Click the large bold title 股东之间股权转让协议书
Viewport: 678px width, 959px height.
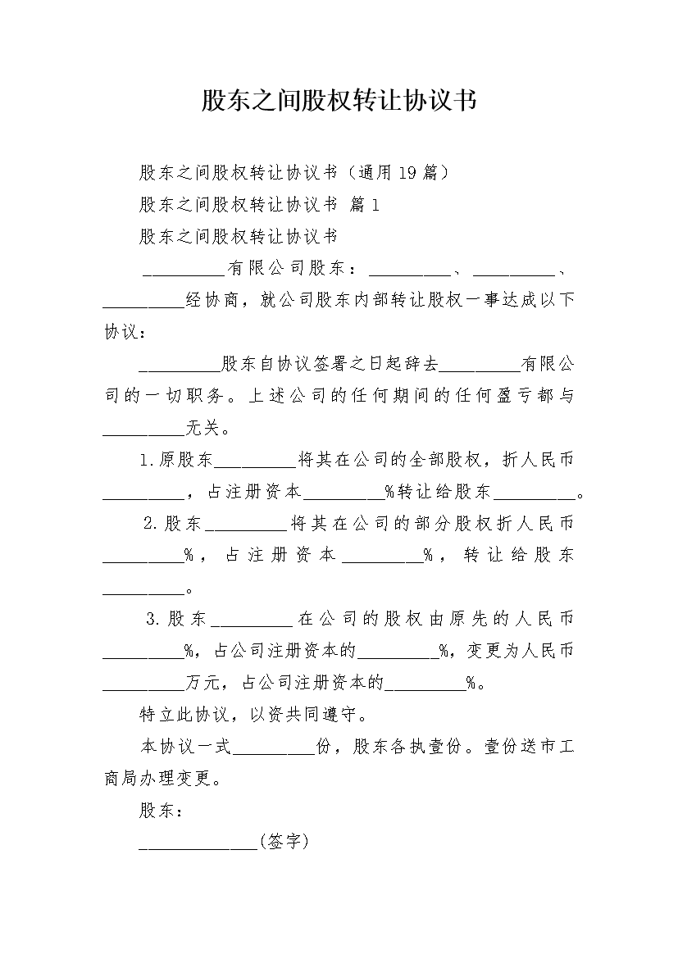(339, 101)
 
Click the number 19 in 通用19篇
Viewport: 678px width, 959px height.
(407, 173)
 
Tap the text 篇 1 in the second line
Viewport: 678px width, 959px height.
(364, 205)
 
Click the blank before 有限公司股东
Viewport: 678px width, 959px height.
(184, 275)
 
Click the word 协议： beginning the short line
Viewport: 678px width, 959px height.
(125, 332)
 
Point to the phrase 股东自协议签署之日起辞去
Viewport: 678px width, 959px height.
(330, 364)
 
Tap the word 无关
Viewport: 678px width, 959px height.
(202, 428)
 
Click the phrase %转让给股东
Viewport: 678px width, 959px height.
(438, 491)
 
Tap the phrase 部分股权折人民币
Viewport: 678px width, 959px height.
(494, 523)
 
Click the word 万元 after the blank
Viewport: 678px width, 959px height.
(202, 682)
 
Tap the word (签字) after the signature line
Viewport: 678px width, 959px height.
(284, 842)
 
